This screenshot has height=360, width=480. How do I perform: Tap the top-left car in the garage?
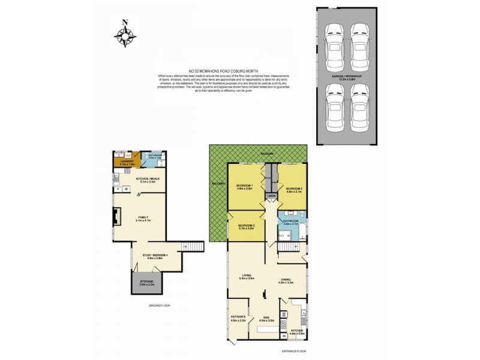[x=332, y=40]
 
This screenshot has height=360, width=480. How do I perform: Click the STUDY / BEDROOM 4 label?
[x=155, y=256]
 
